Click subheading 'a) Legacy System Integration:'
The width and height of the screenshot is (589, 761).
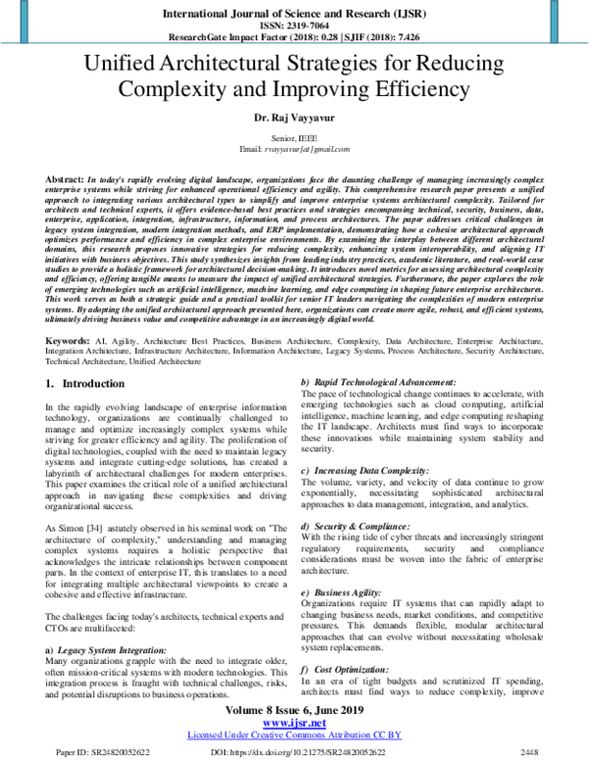click(x=114, y=650)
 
